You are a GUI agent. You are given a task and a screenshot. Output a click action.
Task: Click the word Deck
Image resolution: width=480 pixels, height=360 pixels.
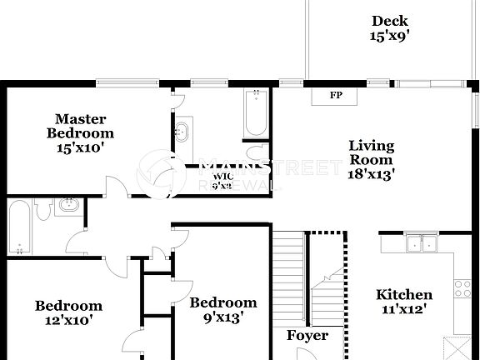390,21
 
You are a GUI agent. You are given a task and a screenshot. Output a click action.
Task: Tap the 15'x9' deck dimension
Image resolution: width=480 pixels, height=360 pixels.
390,36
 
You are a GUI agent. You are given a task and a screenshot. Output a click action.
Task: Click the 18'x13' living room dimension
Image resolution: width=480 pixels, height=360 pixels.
371,174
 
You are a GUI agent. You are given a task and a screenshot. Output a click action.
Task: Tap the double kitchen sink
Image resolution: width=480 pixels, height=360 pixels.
421,243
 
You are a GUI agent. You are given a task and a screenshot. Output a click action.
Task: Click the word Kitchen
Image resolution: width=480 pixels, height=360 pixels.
404,294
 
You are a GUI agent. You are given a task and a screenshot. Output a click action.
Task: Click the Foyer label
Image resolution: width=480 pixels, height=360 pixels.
307,336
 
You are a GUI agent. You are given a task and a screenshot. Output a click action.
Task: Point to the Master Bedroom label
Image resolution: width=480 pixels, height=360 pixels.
80,126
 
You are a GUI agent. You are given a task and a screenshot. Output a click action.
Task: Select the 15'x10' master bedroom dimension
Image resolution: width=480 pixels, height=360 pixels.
80,147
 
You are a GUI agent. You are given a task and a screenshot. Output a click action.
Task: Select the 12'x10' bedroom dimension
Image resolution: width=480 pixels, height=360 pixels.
68,319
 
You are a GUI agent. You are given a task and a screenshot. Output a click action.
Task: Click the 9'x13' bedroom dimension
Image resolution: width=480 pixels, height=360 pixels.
222,317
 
